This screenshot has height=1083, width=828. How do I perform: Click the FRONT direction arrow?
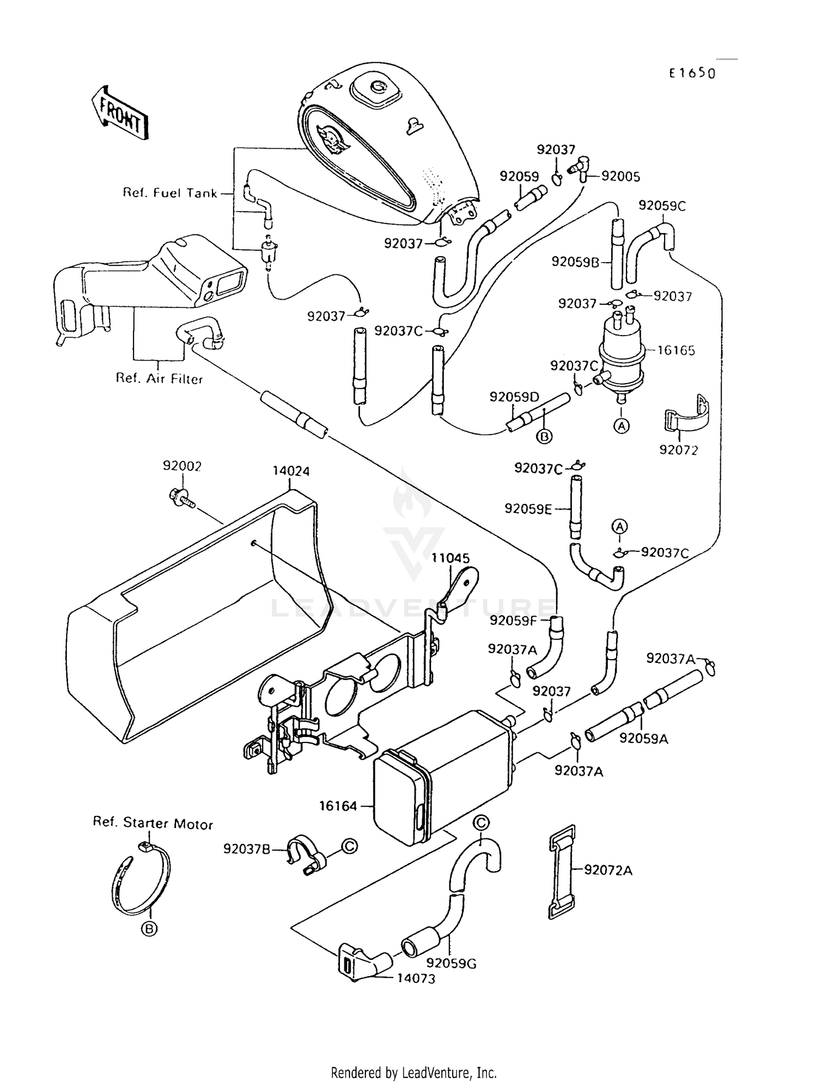pyautogui.click(x=120, y=113)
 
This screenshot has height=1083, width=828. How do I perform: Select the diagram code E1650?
pyautogui.click(x=692, y=73)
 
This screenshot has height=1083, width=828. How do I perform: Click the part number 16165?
pyautogui.click(x=676, y=351)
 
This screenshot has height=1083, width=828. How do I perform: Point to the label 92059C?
pyautogui.click(x=662, y=205)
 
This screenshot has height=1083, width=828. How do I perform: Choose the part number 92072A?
pyautogui.click(x=608, y=870)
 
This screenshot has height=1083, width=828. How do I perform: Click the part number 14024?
pyautogui.click(x=291, y=471)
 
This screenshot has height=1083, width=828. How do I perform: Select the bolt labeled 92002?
pyautogui.click(x=180, y=496)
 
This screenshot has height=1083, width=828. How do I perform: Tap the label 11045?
pyautogui.click(x=450, y=558)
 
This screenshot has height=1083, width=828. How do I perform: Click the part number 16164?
pyautogui.click(x=338, y=806)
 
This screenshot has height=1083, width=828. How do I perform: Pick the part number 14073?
pyautogui.click(x=416, y=979)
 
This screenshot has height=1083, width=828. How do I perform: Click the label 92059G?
pyautogui.click(x=452, y=964)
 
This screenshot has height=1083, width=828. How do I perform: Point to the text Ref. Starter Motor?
pyautogui.click(x=153, y=824)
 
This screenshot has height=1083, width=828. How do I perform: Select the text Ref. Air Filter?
pyautogui.click(x=159, y=379)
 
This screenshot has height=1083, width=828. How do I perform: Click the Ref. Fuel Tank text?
pyautogui.click(x=170, y=193)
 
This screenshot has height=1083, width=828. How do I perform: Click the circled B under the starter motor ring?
pyautogui.click(x=149, y=929)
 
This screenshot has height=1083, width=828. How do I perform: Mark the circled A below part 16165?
pyautogui.click(x=622, y=426)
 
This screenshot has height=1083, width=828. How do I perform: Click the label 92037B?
pyautogui.click(x=247, y=849)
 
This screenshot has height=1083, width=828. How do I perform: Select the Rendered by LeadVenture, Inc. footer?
pyautogui.click(x=413, y=1073)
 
